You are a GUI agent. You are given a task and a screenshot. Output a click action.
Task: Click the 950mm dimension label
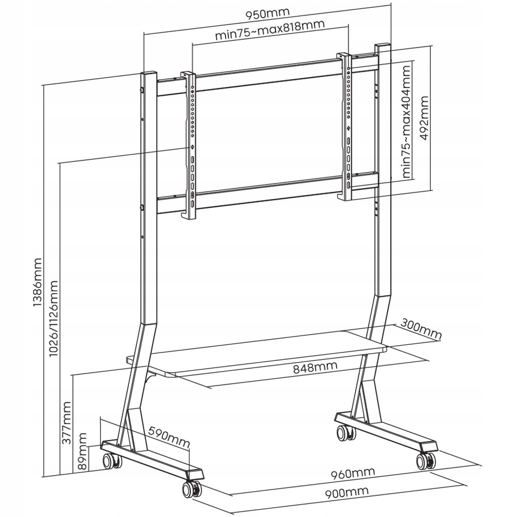coord(267,13)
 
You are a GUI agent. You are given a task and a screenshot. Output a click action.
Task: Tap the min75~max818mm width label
coord(270,29)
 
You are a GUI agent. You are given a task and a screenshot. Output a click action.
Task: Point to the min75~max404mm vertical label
coord(407,122)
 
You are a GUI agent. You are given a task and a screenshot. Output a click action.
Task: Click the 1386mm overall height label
coord(38,282)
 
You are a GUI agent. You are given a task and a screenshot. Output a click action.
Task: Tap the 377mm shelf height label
coord(66,423)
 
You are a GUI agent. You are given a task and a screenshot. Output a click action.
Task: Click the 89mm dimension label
coord(82,451)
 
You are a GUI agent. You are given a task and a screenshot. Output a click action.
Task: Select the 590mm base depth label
coord(169,437)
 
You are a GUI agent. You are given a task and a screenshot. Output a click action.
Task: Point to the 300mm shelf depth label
coord(421,329)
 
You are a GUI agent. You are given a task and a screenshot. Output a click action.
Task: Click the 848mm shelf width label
coord(315,367)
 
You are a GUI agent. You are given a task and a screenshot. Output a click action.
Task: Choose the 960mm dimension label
coord(353,474)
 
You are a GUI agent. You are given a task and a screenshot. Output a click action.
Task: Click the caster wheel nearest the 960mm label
coord(426,461)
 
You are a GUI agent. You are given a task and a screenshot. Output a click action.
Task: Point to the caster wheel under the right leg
coord(346,433)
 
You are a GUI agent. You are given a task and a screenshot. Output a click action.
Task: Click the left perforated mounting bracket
coord(190,145)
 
